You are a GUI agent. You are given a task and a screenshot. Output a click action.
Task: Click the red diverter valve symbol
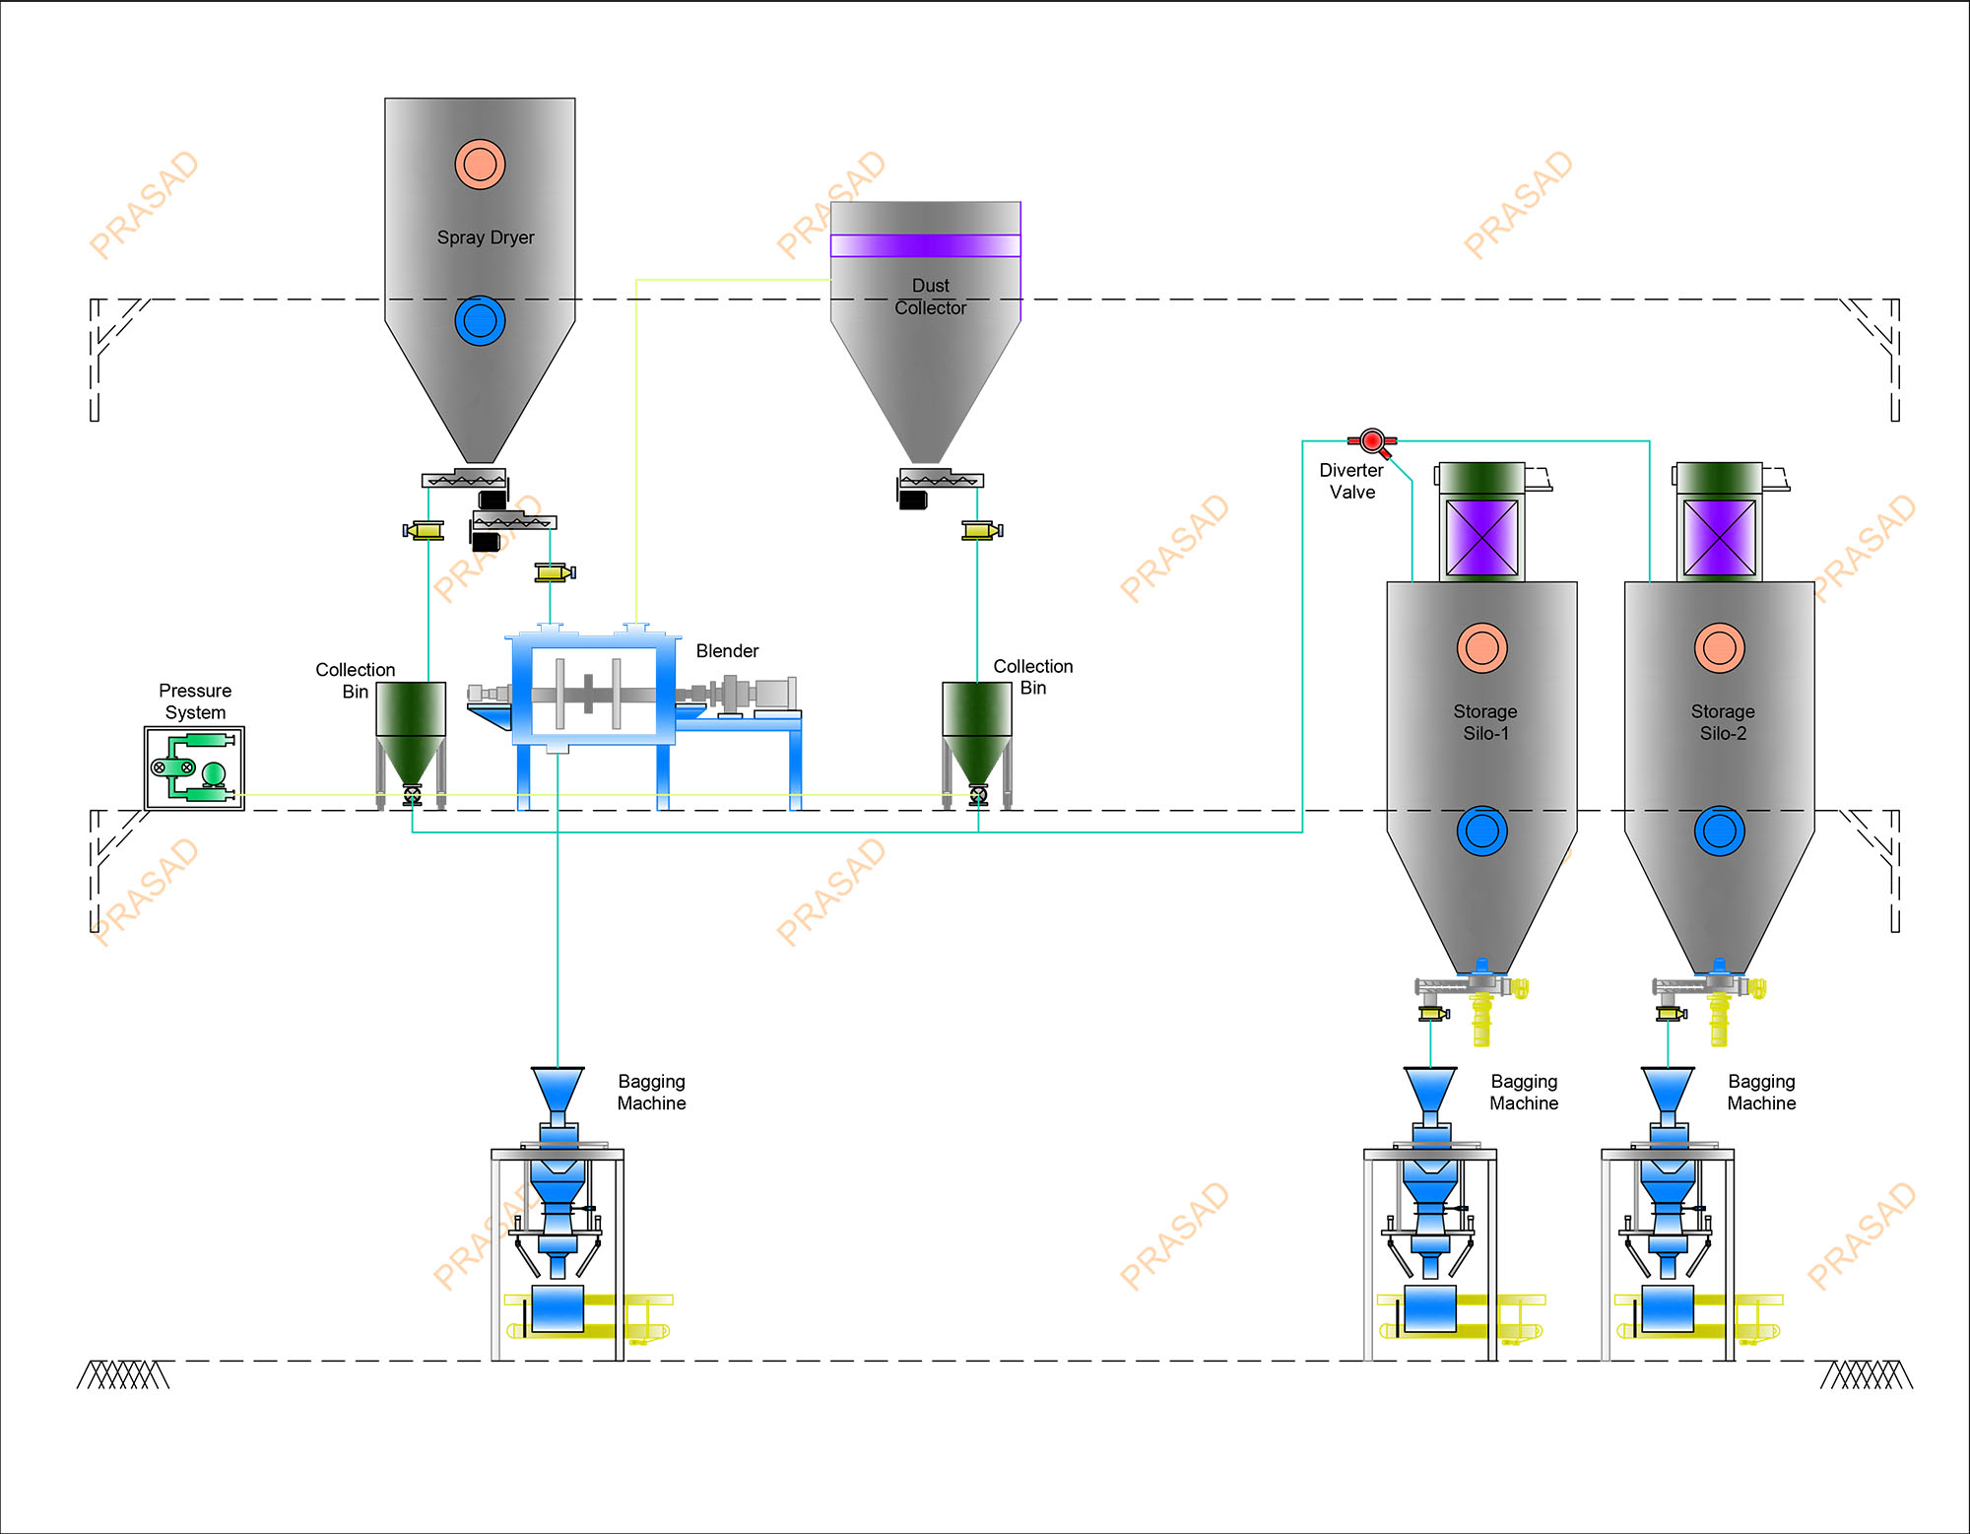click(x=1371, y=441)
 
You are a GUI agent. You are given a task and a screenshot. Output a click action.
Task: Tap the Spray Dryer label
click(x=486, y=237)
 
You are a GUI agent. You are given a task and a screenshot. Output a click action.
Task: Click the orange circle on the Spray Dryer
click(x=480, y=164)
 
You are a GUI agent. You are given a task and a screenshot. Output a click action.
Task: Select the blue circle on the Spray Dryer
click(x=480, y=320)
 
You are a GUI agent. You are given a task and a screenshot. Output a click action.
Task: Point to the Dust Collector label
click(x=930, y=297)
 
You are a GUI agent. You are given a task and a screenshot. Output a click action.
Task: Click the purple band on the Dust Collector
click(x=925, y=245)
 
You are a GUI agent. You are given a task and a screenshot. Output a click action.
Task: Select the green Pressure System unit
click(x=194, y=768)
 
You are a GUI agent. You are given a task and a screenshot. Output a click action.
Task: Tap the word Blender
click(x=727, y=651)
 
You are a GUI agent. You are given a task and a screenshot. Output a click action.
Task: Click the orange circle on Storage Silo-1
click(x=1481, y=648)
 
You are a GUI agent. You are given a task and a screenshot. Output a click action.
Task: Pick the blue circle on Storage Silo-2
click(x=1719, y=831)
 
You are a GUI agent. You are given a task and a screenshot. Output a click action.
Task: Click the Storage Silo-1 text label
click(x=1485, y=722)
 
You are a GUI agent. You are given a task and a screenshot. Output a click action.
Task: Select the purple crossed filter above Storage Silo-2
click(x=1719, y=538)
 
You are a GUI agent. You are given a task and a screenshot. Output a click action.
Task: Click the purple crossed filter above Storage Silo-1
click(x=1481, y=538)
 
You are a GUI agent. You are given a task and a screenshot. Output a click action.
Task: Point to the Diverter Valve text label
click(x=1351, y=481)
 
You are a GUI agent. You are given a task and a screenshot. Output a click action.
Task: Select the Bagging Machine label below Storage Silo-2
click(x=1761, y=1093)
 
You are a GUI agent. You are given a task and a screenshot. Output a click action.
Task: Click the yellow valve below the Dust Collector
click(x=982, y=530)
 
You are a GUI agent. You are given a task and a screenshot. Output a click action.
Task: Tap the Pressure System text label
click(x=195, y=701)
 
